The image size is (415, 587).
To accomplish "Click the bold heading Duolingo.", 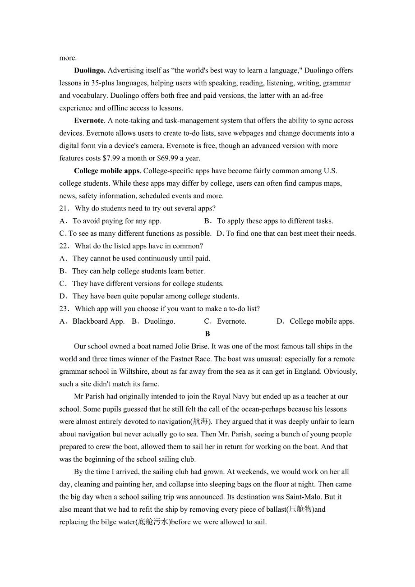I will click(90, 70).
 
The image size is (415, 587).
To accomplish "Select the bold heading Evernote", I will click(89, 120).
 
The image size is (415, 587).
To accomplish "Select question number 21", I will click(65, 208).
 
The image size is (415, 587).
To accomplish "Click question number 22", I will click(65, 246).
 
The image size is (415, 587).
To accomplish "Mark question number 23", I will click(65, 309).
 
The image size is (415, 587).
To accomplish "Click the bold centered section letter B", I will click(207, 334).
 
